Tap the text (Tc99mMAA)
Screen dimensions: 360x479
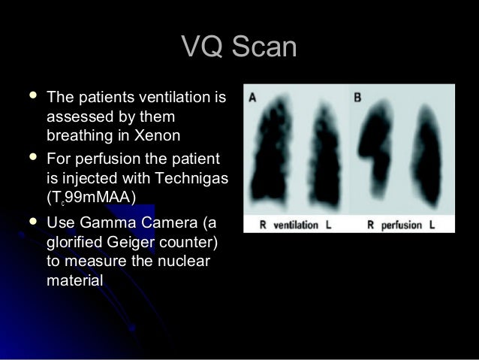pos(90,198)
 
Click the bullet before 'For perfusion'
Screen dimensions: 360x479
pos(30,159)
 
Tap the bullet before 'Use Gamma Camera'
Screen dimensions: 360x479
pos(30,222)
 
